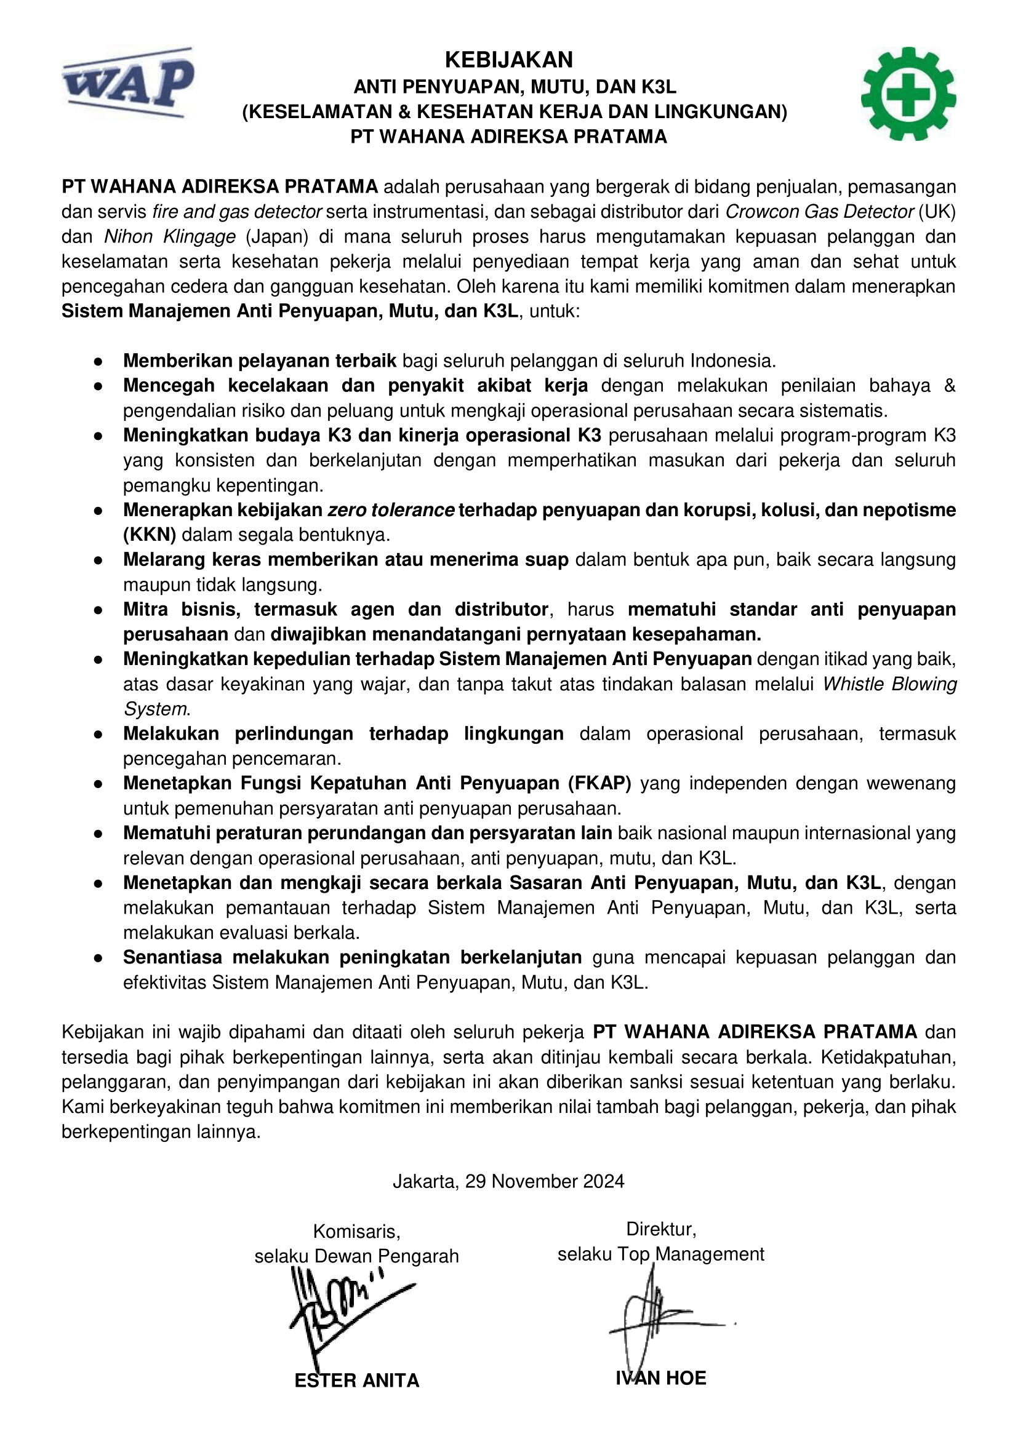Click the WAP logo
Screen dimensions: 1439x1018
pos(128,82)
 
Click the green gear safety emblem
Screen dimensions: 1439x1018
pos(908,94)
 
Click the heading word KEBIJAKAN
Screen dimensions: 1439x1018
pos(508,60)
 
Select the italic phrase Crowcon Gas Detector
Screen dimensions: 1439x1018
pos(819,212)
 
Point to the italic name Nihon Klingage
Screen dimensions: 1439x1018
pos(169,237)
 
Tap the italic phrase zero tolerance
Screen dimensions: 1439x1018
pos(391,510)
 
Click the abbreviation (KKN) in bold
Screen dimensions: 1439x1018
pos(149,535)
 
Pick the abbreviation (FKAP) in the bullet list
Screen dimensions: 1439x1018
pos(599,783)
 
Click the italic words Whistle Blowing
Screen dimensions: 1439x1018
pos(889,684)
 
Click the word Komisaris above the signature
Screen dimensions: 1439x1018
pos(356,1232)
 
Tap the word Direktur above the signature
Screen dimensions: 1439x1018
pos(660,1229)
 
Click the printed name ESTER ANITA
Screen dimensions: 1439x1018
pos(357,1380)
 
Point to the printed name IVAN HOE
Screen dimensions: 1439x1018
pos(660,1377)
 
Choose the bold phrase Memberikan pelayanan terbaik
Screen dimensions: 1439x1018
pos(260,361)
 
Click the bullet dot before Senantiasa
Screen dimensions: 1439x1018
pos(98,959)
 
